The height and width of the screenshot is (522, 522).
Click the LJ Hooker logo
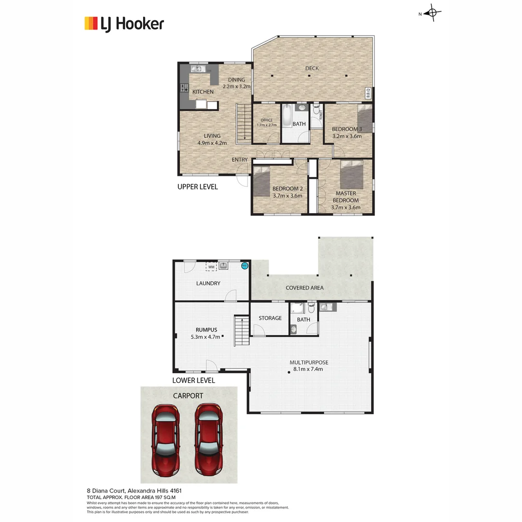pos(124,23)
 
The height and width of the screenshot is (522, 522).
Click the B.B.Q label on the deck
pos(368,93)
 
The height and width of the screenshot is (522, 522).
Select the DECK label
pos(312,68)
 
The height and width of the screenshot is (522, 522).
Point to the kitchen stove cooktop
pos(184,87)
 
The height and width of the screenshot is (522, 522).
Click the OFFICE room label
pos(267,120)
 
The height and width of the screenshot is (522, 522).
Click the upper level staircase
pos(244,123)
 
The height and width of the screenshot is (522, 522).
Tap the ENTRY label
pos(240,160)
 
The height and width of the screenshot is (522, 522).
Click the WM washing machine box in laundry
pos(211,266)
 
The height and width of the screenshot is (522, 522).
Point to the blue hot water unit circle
pos(245,265)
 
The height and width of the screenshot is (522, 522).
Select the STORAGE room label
pos(270,318)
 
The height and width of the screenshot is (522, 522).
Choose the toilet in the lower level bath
pos(311,307)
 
